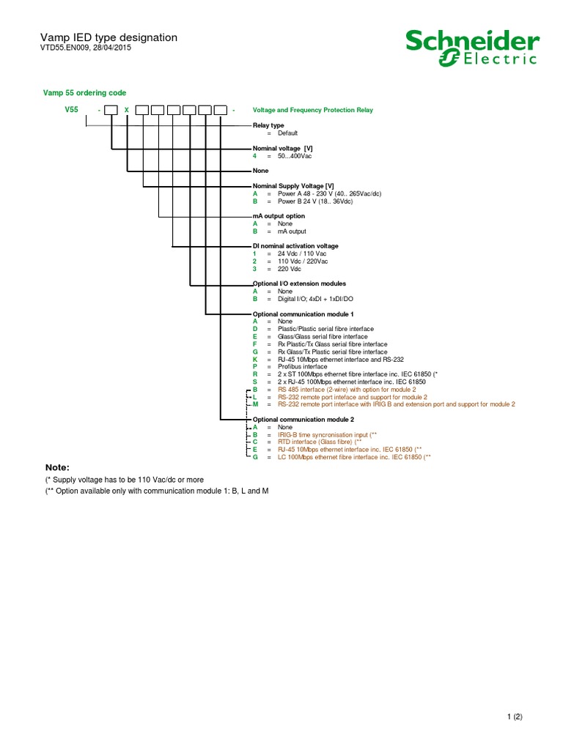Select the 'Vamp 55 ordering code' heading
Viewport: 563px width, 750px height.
pyautogui.click(x=86, y=93)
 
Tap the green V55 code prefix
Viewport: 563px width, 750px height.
pyautogui.click(x=70, y=109)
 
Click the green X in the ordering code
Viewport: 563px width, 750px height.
pyautogui.click(x=126, y=110)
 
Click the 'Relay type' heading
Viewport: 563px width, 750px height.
pyautogui.click(x=268, y=125)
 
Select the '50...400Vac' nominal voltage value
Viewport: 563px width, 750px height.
pyautogui.click(x=295, y=156)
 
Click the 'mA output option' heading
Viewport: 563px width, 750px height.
pyautogui.click(x=279, y=216)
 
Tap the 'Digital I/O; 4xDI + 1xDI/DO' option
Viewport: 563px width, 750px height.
pyautogui.click(x=318, y=299)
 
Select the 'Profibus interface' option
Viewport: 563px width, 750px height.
pyautogui.click(x=302, y=366)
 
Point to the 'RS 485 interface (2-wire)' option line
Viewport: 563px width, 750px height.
pyautogui.click(x=346, y=389)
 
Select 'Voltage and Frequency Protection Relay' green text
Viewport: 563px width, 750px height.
pyautogui.click(x=312, y=110)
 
